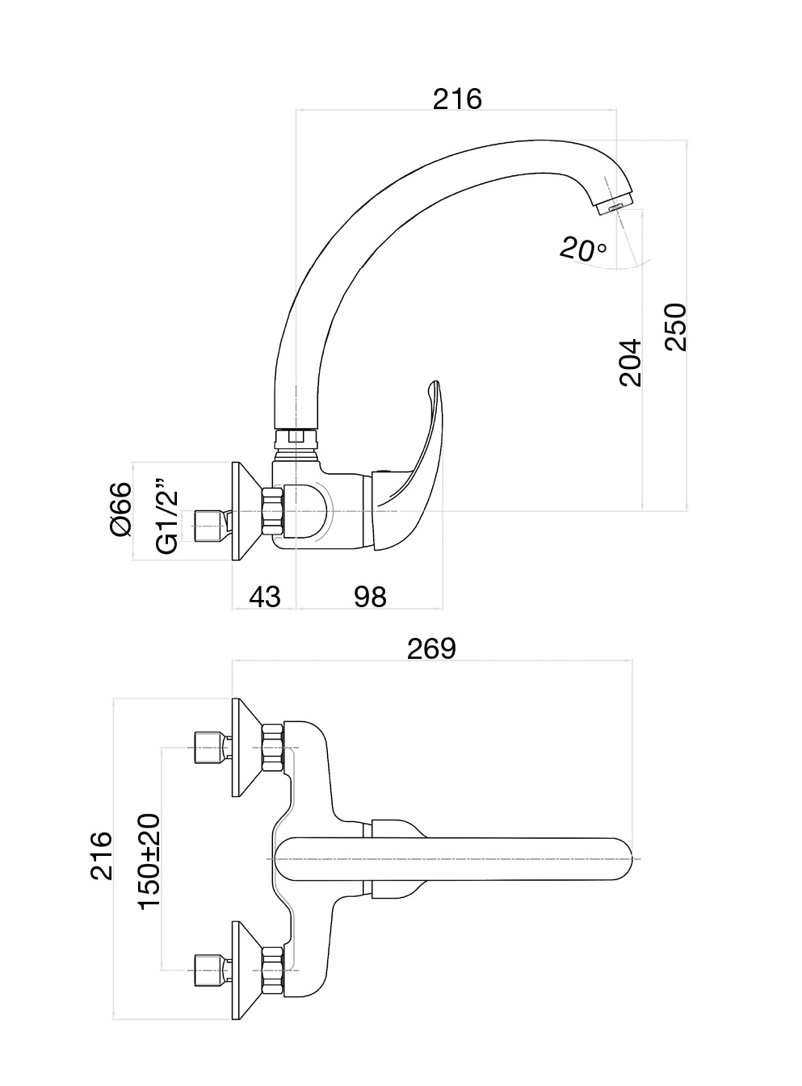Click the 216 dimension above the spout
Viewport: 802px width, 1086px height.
point(457,99)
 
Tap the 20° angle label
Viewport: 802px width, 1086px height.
point(582,249)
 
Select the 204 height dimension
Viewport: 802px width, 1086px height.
point(631,363)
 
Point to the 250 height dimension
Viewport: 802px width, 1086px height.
point(675,327)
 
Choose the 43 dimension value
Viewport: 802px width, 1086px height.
point(264,597)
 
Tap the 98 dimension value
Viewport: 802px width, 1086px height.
point(370,597)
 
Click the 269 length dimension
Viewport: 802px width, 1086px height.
point(431,648)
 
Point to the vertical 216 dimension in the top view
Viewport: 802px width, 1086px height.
point(102,855)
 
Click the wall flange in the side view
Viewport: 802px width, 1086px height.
point(245,512)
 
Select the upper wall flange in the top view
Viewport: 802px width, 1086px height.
point(245,747)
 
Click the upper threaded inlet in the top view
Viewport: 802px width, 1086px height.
point(210,748)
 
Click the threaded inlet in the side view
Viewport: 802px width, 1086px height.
point(210,525)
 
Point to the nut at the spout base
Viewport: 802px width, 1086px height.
point(295,438)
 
